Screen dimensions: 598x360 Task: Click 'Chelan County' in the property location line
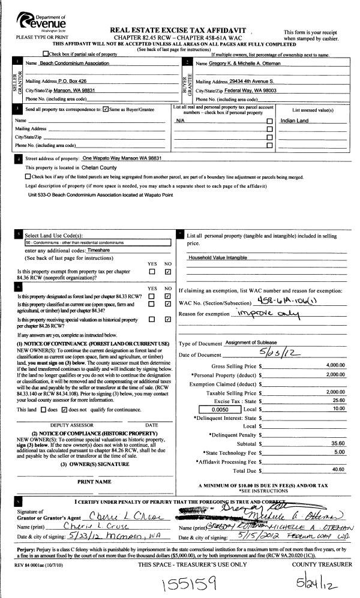point(100,168)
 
